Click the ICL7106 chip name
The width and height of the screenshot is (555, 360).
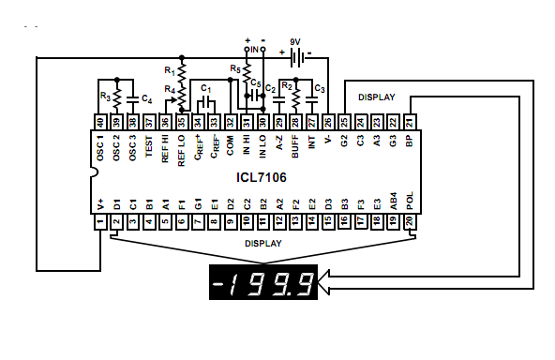click(262, 177)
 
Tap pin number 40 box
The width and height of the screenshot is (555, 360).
click(100, 123)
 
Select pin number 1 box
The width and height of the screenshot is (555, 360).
click(100, 222)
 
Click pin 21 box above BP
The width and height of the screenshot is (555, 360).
click(410, 123)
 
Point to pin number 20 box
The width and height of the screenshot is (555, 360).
click(410, 222)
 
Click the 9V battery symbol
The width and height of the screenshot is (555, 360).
click(297, 57)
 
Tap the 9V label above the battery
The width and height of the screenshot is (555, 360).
click(295, 42)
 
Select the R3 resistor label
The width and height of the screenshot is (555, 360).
click(106, 97)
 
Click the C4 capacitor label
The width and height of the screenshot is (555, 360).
click(147, 98)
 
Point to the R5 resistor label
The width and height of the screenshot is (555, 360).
click(235, 68)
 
